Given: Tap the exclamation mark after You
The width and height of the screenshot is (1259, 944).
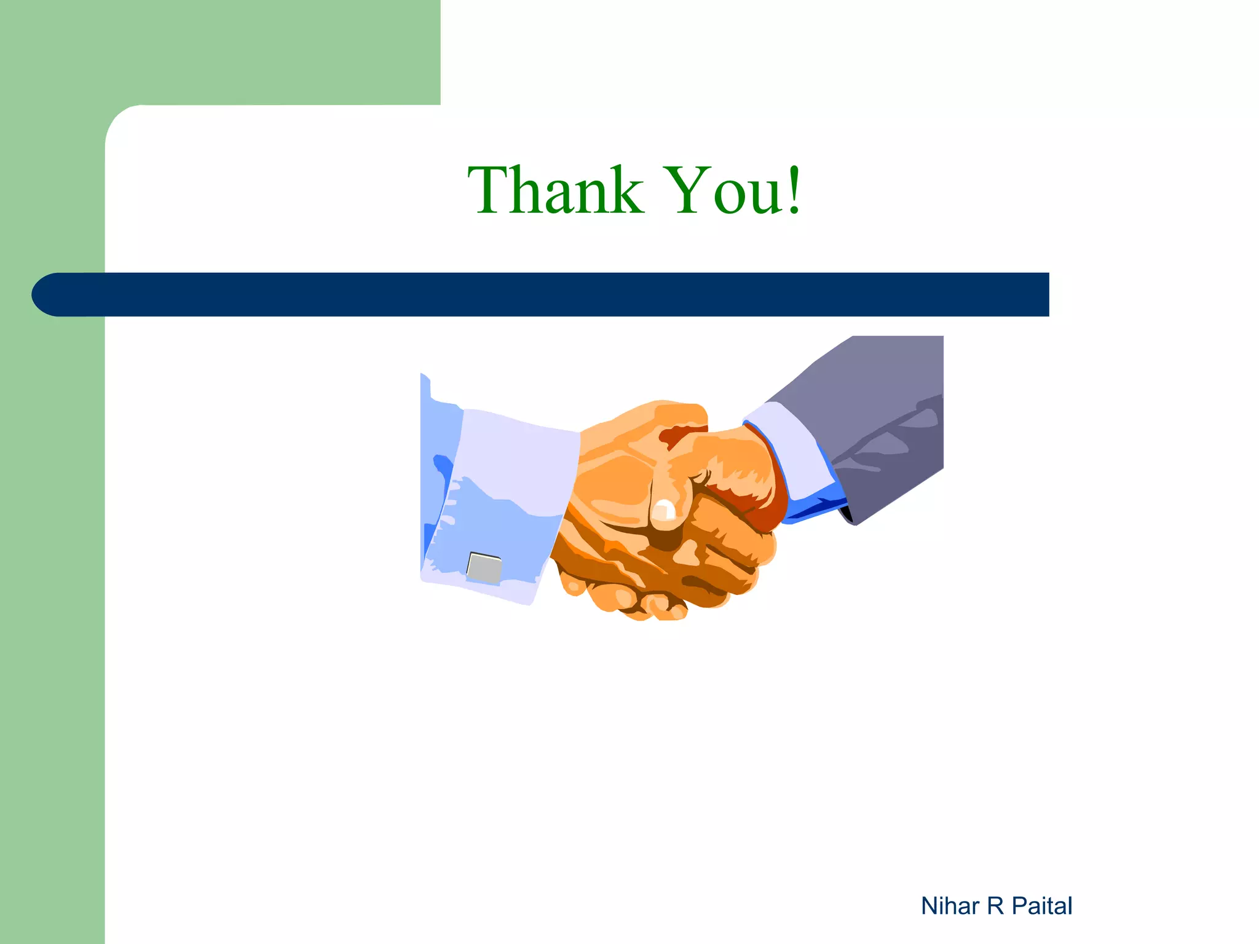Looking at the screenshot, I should [794, 191].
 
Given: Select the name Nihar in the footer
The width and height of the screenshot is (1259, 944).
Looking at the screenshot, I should [950, 906].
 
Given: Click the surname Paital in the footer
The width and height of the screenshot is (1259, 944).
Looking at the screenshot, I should [1042, 906].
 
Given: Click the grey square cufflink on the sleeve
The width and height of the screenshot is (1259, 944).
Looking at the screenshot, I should [484, 568].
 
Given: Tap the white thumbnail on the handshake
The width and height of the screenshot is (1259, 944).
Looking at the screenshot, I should [664, 510].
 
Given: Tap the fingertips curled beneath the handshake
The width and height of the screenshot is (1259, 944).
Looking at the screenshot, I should [639, 602].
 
